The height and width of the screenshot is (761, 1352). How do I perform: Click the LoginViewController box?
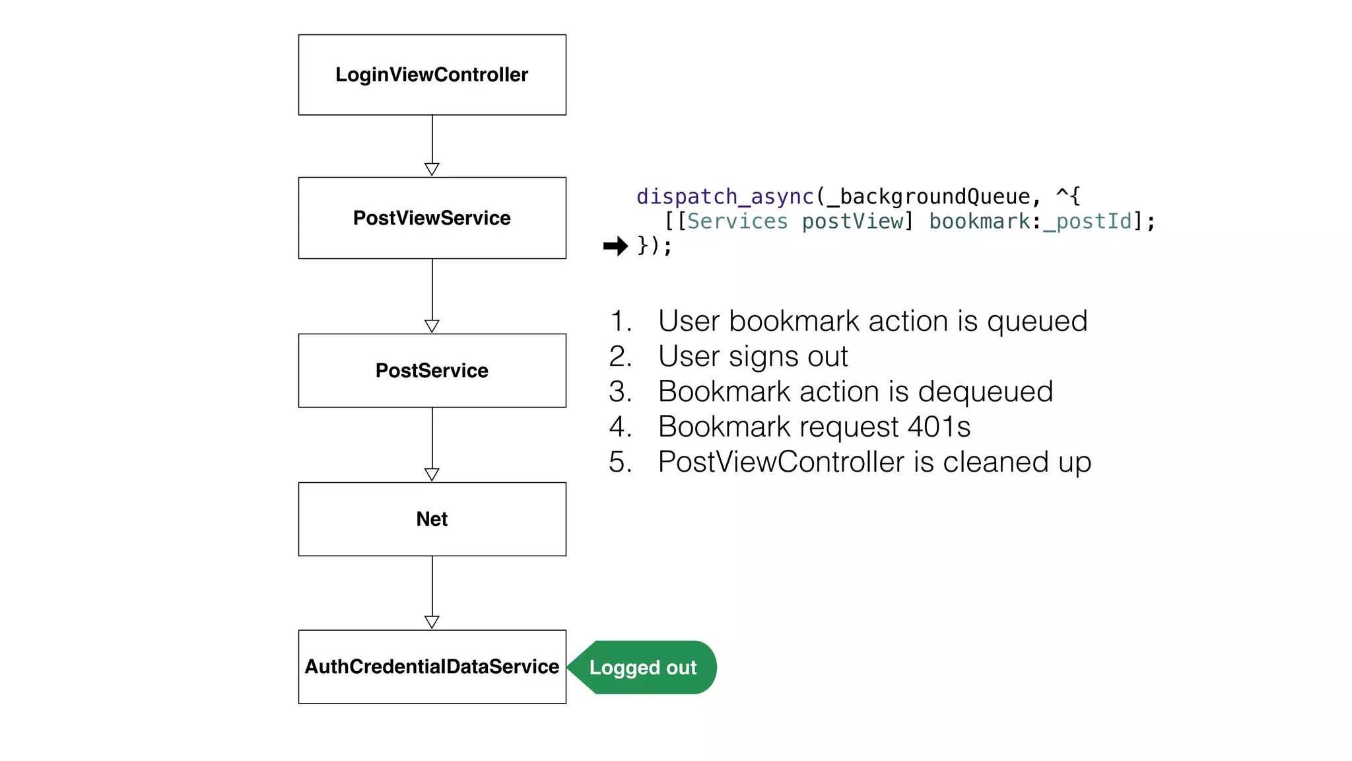point(432,75)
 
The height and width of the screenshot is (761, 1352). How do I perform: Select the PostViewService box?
point(432,218)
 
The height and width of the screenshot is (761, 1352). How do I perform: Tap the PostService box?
point(432,371)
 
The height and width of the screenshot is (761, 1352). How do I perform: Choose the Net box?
point(432,519)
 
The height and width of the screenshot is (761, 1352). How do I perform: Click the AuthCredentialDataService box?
point(432,667)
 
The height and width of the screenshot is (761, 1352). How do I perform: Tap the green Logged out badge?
point(643,667)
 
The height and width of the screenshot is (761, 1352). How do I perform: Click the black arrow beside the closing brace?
point(615,246)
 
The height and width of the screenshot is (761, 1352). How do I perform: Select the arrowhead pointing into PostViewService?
point(432,169)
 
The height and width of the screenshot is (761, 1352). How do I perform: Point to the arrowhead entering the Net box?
point(432,474)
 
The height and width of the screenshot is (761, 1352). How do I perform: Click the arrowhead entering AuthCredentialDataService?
point(432,622)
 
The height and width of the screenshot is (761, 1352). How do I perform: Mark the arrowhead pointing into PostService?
point(432,326)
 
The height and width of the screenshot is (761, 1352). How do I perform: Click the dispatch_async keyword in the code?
point(724,197)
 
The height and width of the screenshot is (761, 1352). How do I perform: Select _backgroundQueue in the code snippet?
point(928,197)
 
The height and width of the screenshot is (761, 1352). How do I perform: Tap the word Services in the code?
point(737,221)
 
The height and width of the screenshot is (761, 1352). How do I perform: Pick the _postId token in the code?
point(1087,221)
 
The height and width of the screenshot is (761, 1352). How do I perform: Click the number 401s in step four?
point(939,427)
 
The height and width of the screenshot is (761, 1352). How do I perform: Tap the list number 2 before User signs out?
point(619,357)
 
